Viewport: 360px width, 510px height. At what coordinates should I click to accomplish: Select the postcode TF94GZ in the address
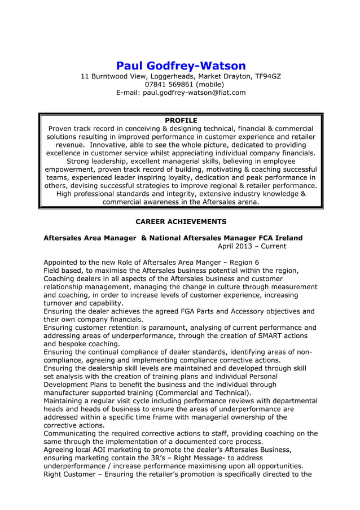(266, 76)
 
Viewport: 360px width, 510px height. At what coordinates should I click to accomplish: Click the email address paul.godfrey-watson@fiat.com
(195, 93)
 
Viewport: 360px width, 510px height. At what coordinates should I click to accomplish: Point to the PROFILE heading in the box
(181, 120)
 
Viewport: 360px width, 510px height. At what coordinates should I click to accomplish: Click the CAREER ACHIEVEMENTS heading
(181, 221)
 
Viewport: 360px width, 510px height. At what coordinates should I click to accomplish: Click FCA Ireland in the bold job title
(277, 238)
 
